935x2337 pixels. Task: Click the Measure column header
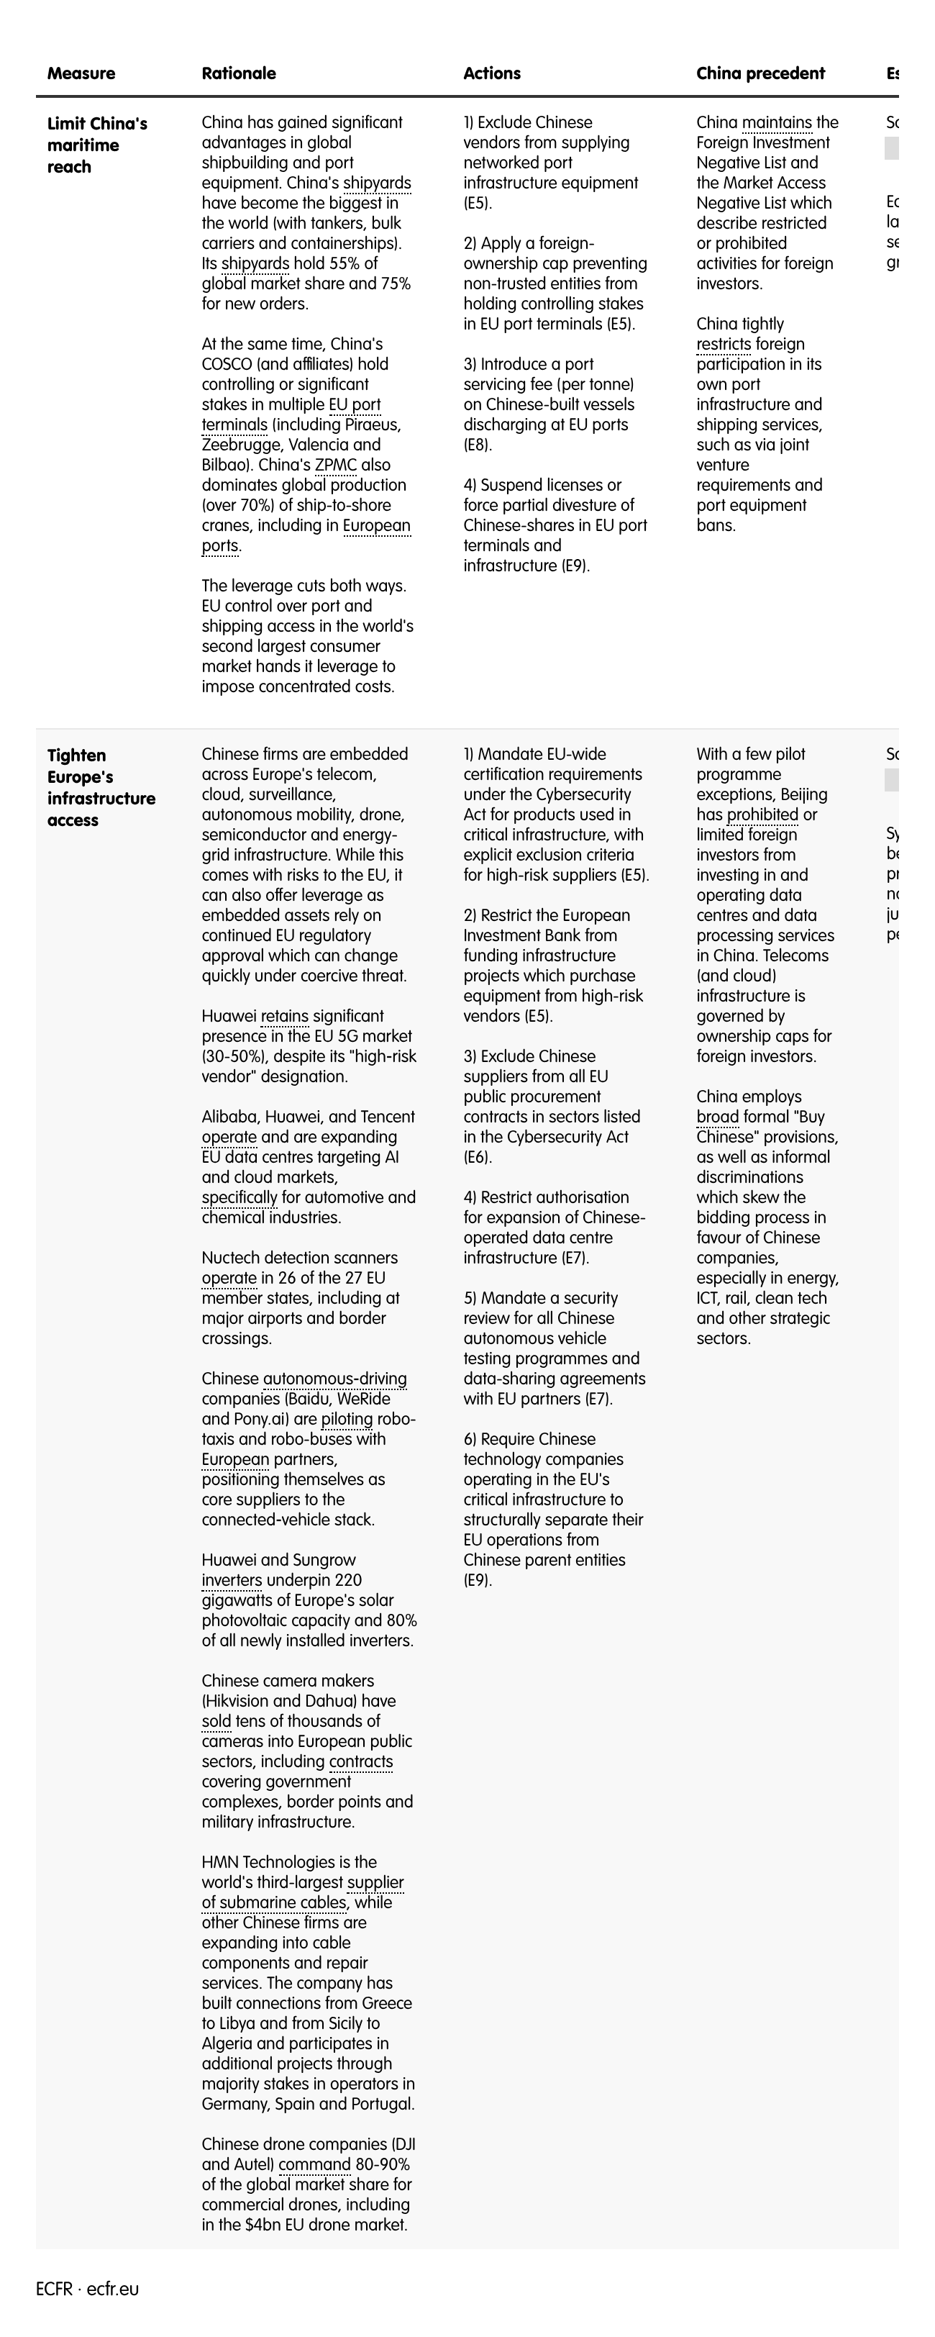click(x=81, y=73)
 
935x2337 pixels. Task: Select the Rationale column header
click(x=239, y=73)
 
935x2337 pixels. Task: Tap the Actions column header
click(x=491, y=73)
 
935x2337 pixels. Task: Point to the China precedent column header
click(x=760, y=73)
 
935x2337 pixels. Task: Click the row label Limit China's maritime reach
click(x=96, y=145)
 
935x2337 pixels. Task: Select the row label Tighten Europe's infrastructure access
click(x=101, y=787)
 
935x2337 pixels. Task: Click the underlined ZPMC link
click(x=336, y=466)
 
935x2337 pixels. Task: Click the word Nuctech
click(x=236, y=1258)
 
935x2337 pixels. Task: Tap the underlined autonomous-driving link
click(x=334, y=1380)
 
